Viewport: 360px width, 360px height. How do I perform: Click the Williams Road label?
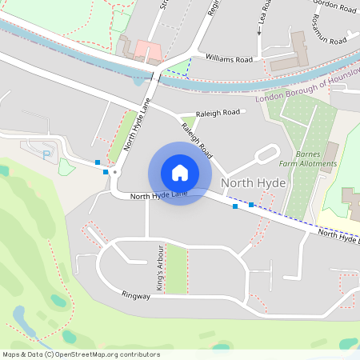click(229, 59)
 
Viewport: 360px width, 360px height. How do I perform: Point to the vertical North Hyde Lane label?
click(131, 129)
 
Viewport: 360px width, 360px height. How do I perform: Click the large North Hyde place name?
click(253, 183)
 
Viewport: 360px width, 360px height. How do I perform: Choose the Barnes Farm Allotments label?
click(316, 158)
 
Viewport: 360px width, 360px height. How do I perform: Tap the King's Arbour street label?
click(160, 268)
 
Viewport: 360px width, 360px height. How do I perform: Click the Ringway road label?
click(137, 296)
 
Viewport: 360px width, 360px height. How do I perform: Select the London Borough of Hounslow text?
click(306, 90)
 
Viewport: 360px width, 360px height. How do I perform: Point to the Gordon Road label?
click(333, 9)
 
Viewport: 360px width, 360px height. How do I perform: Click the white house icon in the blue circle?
click(180, 172)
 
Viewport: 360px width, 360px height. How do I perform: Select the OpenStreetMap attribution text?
click(81, 354)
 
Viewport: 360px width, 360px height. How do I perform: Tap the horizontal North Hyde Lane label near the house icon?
click(158, 194)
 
